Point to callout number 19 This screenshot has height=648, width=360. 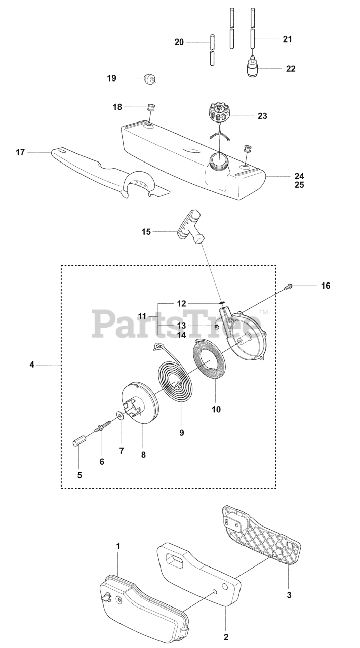pos(112,78)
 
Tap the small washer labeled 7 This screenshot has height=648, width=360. pos(119,416)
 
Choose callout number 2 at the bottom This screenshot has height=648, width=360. pos(226,636)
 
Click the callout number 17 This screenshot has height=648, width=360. pos(20,152)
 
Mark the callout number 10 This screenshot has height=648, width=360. pos(216,409)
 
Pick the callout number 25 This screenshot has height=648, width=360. pos(299,185)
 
